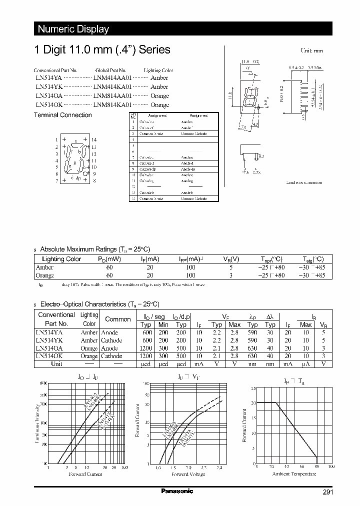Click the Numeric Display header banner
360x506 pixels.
coord(73,29)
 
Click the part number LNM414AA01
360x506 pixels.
coord(112,78)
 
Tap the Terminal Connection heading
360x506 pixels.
coord(62,115)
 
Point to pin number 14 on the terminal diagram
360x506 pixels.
coord(93,140)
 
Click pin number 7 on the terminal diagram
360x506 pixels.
coord(57,180)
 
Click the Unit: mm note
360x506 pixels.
coord(311,51)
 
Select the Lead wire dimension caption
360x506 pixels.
coord(303,182)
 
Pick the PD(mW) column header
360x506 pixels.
coord(109,259)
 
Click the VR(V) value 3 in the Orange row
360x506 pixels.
coord(230,275)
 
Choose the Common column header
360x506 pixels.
coord(117,319)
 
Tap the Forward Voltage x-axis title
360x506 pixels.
coord(188,474)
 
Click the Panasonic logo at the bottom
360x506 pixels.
coord(177,491)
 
